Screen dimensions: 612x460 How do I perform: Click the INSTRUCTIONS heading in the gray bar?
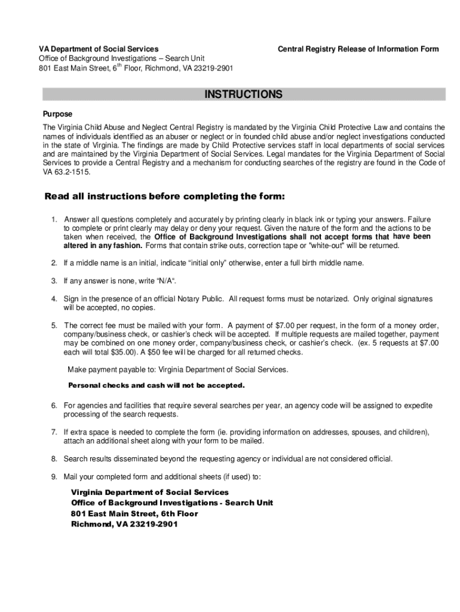[243, 94]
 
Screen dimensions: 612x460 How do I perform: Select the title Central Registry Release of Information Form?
[358, 49]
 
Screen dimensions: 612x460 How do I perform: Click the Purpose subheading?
[57, 114]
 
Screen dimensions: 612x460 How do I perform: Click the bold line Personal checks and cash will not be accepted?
[157, 385]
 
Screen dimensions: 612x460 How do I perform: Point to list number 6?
[53, 406]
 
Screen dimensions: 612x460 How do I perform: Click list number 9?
[53, 477]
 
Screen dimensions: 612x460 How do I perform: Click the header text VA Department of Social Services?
[99, 49]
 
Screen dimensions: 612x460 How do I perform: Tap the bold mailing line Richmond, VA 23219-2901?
[124, 524]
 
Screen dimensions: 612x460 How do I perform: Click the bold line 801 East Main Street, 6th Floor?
[134, 513]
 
